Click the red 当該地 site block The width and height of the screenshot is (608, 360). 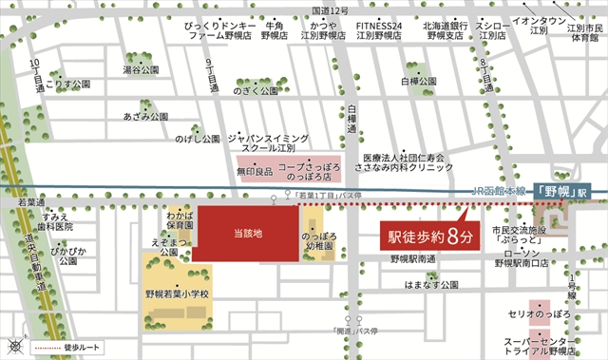[x=243, y=234]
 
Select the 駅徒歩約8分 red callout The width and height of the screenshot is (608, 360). [x=426, y=235]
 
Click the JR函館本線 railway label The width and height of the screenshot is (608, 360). [x=499, y=191]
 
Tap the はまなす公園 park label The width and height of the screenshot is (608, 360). [x=430, y=284]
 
